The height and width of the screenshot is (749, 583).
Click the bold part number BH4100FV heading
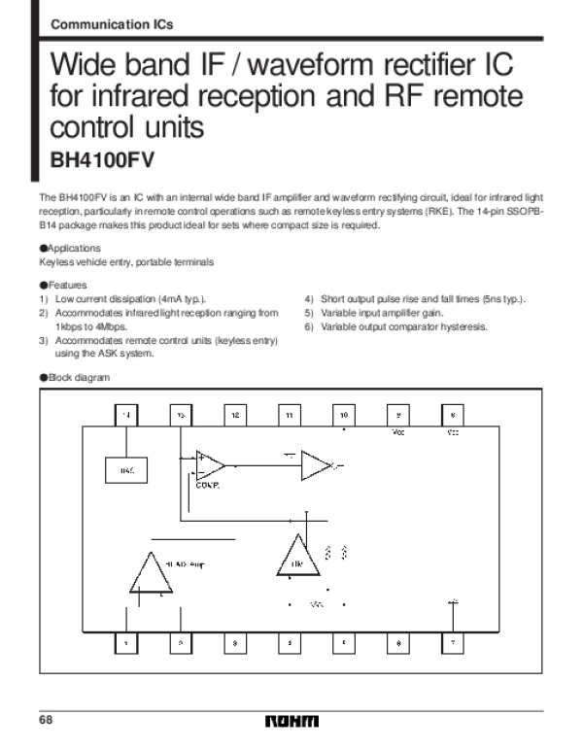coord(102,159)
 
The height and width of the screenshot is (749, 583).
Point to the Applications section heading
coord(69,249)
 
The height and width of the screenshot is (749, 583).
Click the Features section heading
coord(63,286)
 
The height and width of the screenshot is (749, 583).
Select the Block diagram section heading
coord(74,377)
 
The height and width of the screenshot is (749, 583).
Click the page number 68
coord(46,719)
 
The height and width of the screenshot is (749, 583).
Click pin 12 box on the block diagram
coord(235,415)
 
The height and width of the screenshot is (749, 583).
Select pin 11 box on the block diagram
coord(290,415)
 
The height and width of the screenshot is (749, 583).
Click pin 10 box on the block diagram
coord(344,415)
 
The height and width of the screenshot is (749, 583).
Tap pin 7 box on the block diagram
coord(453,642)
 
